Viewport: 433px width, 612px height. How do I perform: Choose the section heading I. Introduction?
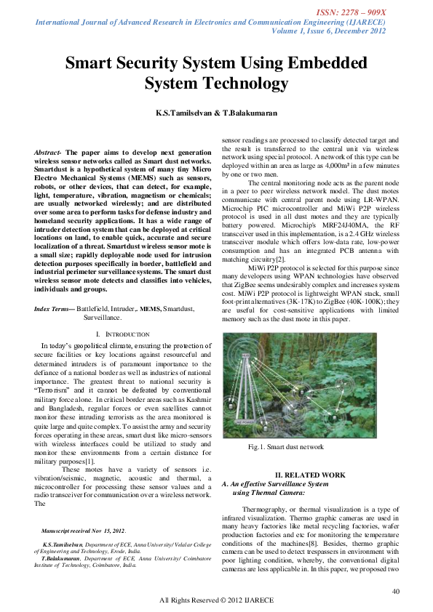122,354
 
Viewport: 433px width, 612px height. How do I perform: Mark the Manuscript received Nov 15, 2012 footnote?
84,532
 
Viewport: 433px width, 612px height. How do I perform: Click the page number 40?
395,592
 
